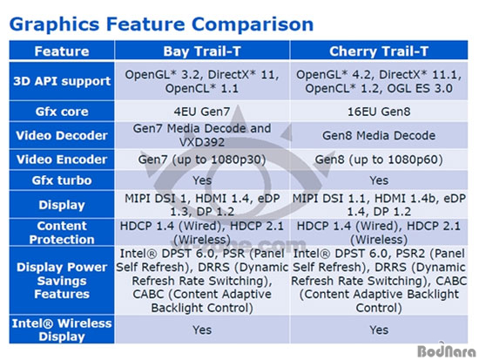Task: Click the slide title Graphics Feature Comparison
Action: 161,25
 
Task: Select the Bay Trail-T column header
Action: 202,51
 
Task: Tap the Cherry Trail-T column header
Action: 379,51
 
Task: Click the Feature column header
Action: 62,51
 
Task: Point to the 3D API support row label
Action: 62,81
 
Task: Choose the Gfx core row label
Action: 62,112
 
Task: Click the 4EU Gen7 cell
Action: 202,112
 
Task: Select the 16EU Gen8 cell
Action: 379,112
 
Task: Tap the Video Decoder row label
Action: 62,135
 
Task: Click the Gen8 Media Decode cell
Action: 379,135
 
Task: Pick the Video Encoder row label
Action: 62,160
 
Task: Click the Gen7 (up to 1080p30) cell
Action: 202,160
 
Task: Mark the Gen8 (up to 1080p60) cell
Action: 379,160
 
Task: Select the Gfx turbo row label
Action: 62,180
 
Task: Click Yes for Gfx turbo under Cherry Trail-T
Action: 379,180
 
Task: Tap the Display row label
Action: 62,205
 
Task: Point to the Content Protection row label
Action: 62,233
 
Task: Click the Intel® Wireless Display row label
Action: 62,329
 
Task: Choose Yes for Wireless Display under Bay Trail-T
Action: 202,329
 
